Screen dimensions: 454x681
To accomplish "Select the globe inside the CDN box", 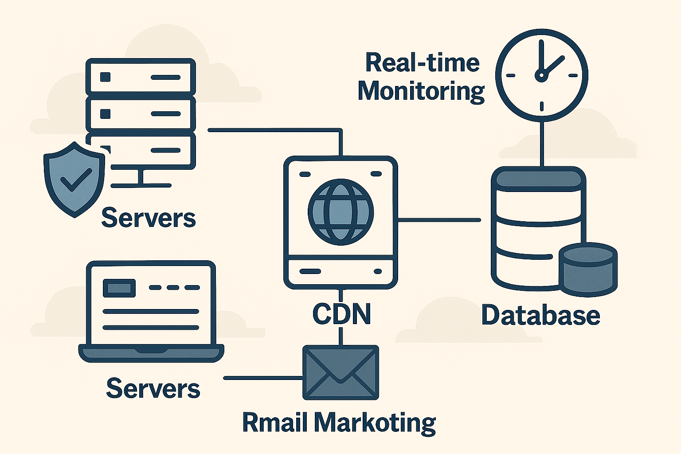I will coord(340,212).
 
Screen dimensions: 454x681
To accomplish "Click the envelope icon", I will coord(340,372).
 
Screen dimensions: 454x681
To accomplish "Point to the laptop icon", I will coord(151,310).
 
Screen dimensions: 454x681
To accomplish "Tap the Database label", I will coord(540,315).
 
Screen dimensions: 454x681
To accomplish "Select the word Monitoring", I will coord(421,92).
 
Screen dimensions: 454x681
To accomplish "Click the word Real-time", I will coord(422,63).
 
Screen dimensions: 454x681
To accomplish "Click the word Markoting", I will coord(375,423).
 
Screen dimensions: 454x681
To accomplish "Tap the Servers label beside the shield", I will coord(149,218).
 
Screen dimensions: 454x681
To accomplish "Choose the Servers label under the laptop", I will coord(153,388).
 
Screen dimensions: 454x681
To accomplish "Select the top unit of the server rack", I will coord(141,77).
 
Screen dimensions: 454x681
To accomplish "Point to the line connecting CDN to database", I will coord(439,219).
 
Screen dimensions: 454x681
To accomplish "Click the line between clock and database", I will coord(541,142).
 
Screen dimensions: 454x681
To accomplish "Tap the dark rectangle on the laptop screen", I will coord(119,288).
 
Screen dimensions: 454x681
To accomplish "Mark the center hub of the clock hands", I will coord(541,76).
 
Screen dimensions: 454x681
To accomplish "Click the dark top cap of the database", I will coord(538,179).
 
